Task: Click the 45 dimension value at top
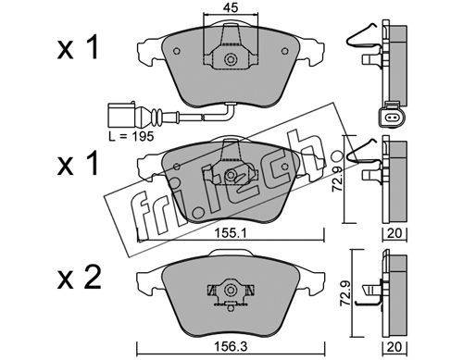[231, 8]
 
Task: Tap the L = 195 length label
[131, 136]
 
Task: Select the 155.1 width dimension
[231, 234]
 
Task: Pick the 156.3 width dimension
[231, 347]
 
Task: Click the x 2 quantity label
[79, 279]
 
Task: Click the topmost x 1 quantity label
[78, 47]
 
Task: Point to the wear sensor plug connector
[121, 116]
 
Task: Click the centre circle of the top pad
[230, 59]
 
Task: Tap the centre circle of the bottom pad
[230, 290]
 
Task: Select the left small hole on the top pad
[177, 51]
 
